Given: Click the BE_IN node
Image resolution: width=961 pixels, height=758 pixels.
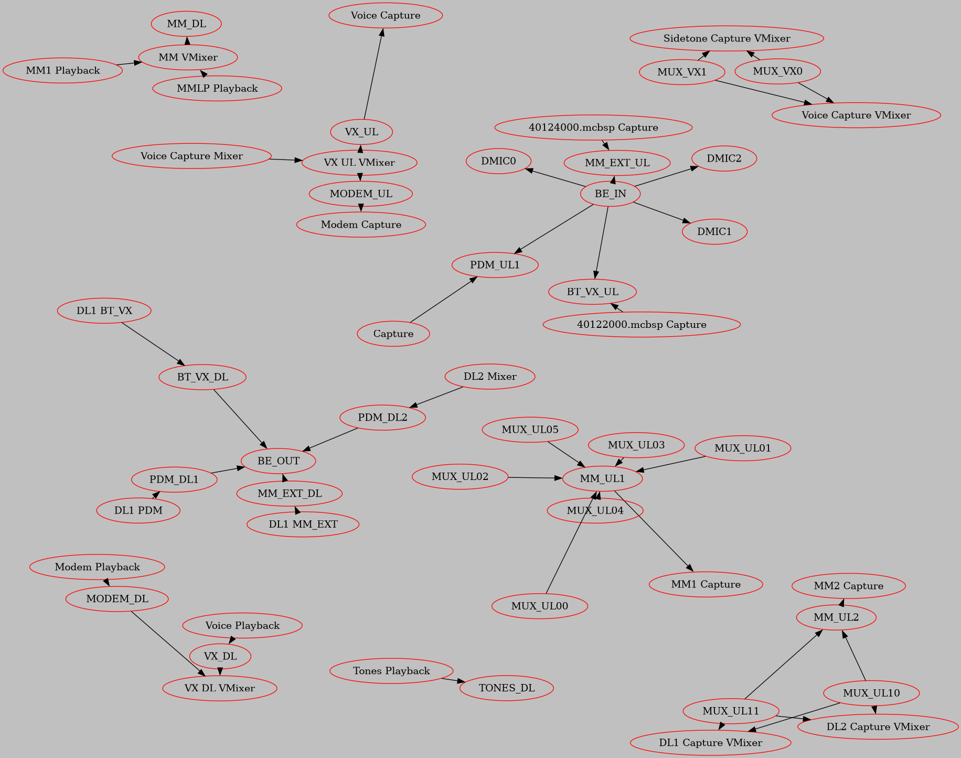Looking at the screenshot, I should [610, 194].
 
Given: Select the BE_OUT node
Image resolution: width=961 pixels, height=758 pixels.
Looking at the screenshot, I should [279, 461].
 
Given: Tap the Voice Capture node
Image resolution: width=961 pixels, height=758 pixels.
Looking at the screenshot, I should [386, 15].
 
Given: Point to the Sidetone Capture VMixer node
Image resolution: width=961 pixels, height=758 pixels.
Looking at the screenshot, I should [727, 38].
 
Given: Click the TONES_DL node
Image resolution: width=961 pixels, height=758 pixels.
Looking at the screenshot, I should [507, 688].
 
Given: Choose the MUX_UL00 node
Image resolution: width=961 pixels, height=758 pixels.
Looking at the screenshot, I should [540, 606].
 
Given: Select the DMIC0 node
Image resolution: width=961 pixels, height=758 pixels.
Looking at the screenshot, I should [498, 161].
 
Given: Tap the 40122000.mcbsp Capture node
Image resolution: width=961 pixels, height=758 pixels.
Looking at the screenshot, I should [642, 324].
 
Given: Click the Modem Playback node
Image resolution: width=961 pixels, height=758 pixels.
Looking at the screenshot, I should [97, 567].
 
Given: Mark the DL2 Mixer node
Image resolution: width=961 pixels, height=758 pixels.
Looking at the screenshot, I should [490, 376].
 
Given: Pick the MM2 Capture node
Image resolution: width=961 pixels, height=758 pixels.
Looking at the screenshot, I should [848, 586].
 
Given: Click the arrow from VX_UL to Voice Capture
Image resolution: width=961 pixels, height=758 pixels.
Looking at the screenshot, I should [373, 73].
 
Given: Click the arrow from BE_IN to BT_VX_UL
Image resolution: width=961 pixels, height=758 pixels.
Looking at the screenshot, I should [601, 242].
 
